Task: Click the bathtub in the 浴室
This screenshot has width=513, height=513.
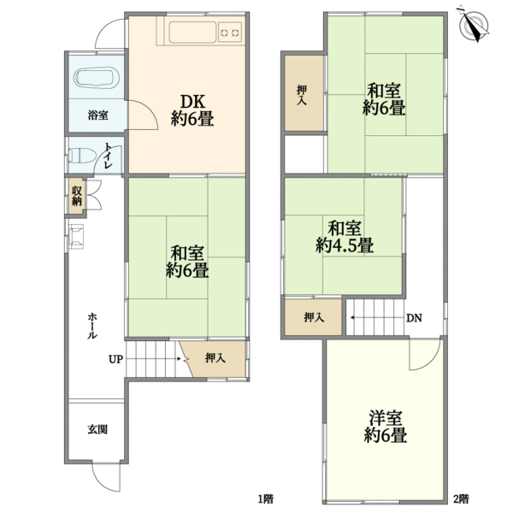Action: [97, 78]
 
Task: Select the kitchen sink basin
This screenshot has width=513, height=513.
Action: [192, 32]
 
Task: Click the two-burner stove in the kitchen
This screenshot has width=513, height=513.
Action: [230, 32]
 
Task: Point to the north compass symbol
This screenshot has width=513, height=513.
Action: [474, 24]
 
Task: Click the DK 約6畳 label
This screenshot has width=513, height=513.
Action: [192, 110]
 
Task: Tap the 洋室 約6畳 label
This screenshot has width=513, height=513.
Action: [386, 427]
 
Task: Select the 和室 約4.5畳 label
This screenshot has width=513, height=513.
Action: [345, 237]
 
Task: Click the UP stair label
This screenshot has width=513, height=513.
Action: [115, 359]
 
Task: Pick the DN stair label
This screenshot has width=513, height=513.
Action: [414, 318]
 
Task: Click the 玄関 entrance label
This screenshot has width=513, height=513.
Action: [97, 429]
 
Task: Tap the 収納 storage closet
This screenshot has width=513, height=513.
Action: [77, 197]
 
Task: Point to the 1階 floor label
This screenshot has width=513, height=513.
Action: [265, 499]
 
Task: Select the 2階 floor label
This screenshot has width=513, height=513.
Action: [461, 499]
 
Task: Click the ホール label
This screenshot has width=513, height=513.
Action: [92, 326]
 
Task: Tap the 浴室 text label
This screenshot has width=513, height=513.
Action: [97, 115]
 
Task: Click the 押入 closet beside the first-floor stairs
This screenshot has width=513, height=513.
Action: [213, 359]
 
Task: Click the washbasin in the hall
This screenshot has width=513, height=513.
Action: [77, 237]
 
